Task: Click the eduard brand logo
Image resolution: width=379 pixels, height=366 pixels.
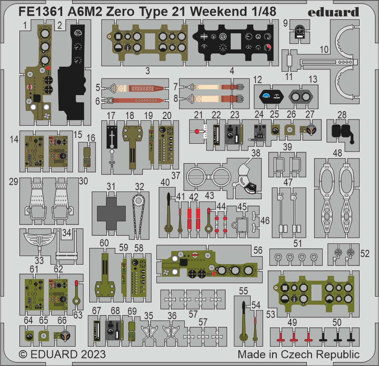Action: [333, 12]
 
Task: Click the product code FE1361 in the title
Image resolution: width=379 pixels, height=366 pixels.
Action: [40, 11]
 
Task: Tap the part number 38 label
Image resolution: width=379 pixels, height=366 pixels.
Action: [256, 153]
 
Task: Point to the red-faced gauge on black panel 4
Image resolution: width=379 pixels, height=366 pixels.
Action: [267, 47]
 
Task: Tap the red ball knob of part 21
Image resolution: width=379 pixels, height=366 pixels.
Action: [197, 132]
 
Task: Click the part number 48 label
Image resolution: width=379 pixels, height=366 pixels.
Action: [337, 153]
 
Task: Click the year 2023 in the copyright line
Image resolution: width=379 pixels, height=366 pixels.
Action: [93, 354]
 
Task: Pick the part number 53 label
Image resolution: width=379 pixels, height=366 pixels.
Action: [270, 314]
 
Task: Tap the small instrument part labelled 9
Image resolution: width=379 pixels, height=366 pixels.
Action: [300, 32]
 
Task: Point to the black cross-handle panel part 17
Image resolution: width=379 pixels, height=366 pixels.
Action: [112, 137]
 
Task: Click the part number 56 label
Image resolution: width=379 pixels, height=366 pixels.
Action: [258, 250]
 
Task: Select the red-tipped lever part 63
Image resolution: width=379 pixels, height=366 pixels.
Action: [77, 292]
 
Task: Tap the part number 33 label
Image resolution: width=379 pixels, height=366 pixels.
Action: [39, 261]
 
